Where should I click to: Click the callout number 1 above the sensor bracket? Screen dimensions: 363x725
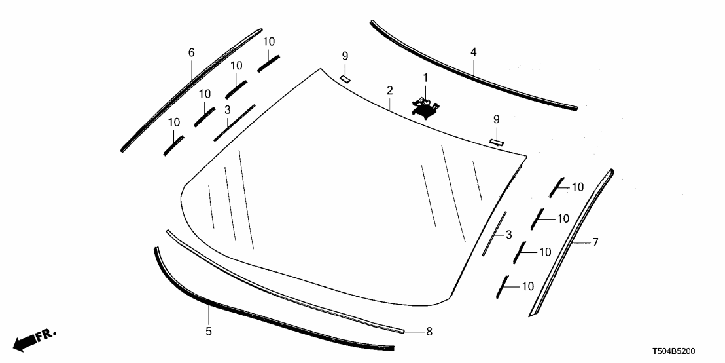425,77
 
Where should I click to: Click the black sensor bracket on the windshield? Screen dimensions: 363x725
425,105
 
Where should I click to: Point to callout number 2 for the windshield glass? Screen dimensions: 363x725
389,90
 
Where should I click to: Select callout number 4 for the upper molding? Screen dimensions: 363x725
473,51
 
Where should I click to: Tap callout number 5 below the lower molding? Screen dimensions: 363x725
209,331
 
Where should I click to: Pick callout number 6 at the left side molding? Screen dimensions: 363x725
192,52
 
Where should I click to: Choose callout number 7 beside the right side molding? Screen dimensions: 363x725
595,242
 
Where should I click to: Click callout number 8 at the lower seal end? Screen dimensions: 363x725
429,332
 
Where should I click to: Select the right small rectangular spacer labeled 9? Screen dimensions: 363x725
497,141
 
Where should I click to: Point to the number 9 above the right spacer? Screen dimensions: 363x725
497,119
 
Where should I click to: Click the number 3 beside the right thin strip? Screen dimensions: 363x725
509,234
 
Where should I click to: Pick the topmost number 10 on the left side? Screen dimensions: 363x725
269,41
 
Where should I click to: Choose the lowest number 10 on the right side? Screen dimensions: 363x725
527,286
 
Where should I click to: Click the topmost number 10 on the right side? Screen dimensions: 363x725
576,187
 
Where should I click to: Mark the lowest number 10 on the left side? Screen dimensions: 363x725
173,122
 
